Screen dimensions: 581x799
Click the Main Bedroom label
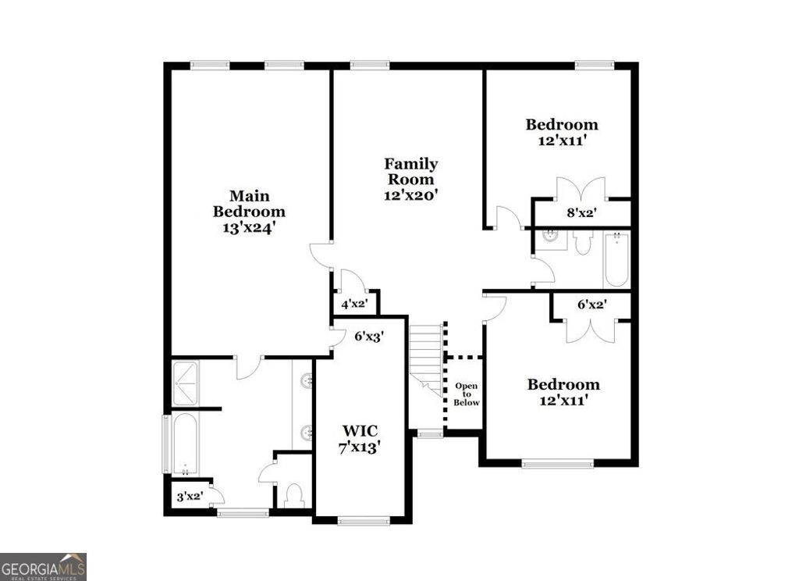coord(249,212)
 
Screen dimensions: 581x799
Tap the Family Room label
coord(410,180)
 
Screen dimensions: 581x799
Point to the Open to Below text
coord(467,394)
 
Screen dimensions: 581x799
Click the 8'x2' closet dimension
coord(581,212)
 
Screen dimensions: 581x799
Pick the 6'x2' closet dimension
coord(591,305)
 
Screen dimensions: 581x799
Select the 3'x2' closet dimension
coord(190,496)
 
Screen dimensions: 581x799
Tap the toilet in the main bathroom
coord(294,494)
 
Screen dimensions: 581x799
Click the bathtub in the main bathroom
coord(185,443)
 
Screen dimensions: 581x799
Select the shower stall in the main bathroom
coord(185,383)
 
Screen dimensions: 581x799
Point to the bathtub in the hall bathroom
coord(616,258)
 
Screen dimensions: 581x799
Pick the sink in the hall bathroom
coord(550,237)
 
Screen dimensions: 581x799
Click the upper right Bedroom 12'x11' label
coord(561,132)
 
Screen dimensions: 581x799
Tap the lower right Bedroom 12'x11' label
coord(563,392)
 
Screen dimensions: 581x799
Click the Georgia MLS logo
coord(43,566)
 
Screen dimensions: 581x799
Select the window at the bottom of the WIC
coord(364,521)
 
